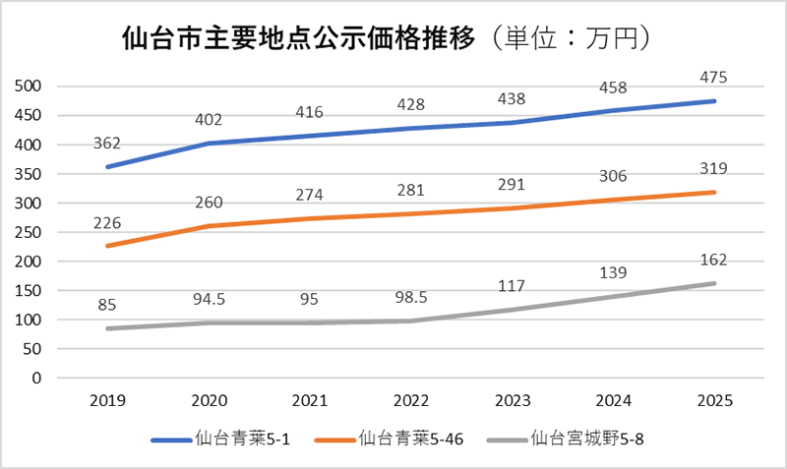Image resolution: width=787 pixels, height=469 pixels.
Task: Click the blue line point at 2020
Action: click(208, 144)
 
